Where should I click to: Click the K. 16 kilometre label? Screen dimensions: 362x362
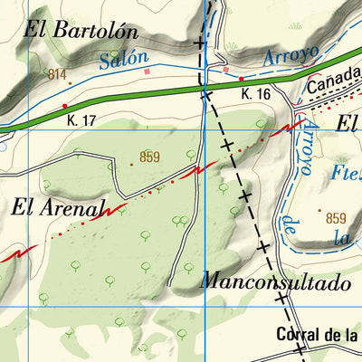click(256, 94)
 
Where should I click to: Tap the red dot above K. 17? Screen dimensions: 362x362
click(64, 106)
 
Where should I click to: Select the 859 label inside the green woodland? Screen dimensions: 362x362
click(150, 157)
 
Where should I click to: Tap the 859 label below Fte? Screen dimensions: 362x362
click(336, 218)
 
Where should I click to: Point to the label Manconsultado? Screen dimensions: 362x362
click(277, 282)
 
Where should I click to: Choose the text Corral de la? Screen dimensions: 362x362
click(318, 335)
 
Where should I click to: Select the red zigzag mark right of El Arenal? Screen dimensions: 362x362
click(111, 210)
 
